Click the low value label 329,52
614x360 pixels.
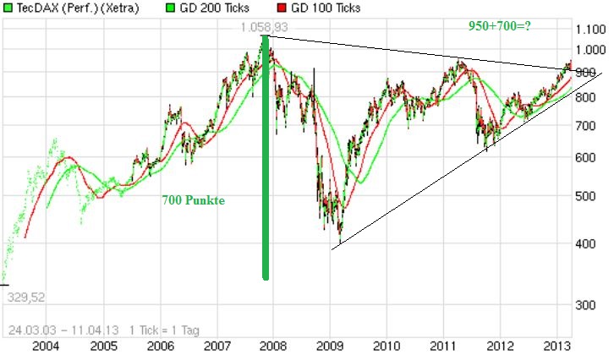tap(25, 297)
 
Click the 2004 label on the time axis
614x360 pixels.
tap(46, 346)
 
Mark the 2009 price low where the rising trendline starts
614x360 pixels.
tap(339, 243)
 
